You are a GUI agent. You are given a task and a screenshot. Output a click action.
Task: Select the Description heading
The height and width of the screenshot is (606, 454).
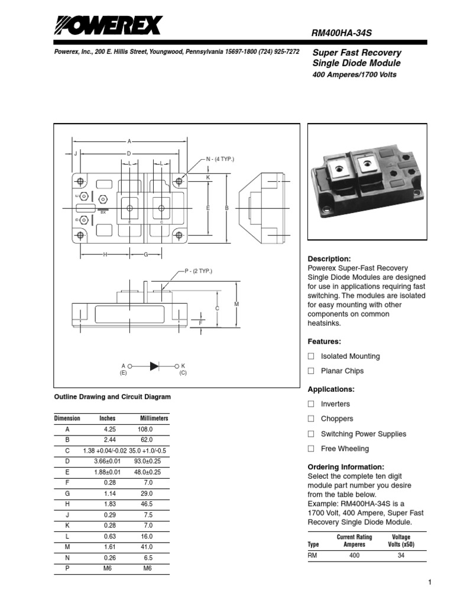[x=329, y=259]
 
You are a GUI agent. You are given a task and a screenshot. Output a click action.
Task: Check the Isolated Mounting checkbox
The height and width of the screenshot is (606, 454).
[x=311, y=356]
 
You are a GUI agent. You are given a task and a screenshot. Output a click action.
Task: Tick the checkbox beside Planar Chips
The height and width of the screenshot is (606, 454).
[x=311, y=371]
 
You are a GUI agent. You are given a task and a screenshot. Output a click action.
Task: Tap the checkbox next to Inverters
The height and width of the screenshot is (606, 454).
[x=311, y=404]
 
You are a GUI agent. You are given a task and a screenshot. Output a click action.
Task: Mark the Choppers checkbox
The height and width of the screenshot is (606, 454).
[x=311, y=419]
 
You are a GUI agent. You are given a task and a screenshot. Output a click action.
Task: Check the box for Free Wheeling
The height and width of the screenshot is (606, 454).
[x=311, y=449]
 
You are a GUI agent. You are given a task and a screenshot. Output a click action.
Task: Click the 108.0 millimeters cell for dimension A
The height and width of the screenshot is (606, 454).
[x=145, y=429]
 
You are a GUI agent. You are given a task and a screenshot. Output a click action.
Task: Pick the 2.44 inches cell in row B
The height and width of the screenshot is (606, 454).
[x=110, y=440]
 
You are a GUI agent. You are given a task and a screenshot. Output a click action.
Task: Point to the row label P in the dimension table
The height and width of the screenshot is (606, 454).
[x=67, y=568]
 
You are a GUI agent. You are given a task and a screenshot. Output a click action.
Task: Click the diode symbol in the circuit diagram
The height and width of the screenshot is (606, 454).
[x=154, y=366]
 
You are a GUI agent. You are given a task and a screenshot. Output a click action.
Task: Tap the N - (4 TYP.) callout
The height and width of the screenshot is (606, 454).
[x=220, y=159]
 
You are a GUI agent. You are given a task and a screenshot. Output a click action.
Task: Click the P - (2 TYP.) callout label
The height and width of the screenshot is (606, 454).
[x=197, y=271]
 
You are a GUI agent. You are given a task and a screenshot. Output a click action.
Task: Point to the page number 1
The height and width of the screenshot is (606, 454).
[x=430, y=583]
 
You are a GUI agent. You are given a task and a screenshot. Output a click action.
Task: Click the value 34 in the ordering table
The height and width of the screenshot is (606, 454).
[x=401, y=556]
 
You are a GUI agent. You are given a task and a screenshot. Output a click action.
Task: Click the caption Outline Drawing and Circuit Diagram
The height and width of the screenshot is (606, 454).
[x=112, y=397]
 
